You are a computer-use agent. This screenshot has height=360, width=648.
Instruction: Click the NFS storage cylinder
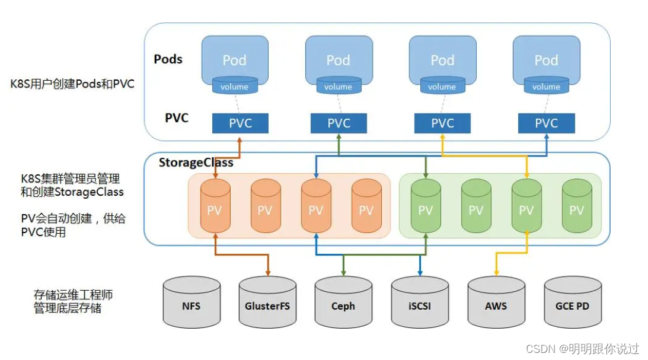(191, 303)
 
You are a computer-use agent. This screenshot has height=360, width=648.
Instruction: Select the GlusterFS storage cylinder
(267, 303)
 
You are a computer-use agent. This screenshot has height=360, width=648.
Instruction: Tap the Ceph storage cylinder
(343, 303)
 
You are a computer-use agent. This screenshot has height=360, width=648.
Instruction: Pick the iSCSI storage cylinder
(419, 303)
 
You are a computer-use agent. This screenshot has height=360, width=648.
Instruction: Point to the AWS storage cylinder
(496, 303)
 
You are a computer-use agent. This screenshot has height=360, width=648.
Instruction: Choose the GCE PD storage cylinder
(572, 303)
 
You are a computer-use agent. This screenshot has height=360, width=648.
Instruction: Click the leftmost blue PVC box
(240, 123)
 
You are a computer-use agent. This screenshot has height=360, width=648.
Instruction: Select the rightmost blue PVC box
(546, 123)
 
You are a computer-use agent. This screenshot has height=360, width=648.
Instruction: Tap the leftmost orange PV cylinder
(215, 207)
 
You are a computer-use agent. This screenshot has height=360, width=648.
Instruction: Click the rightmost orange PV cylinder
(366, 207)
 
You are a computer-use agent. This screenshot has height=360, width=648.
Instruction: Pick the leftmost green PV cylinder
(426, 207)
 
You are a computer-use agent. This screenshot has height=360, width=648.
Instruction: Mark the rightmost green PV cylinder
(577, 207)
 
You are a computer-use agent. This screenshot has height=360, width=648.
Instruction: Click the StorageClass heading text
(196, 163)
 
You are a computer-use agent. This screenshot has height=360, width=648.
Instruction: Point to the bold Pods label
(168, 59)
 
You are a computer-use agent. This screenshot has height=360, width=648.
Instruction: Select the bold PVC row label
(177, 117)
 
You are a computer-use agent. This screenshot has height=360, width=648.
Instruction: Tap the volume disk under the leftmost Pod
(234, 86)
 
